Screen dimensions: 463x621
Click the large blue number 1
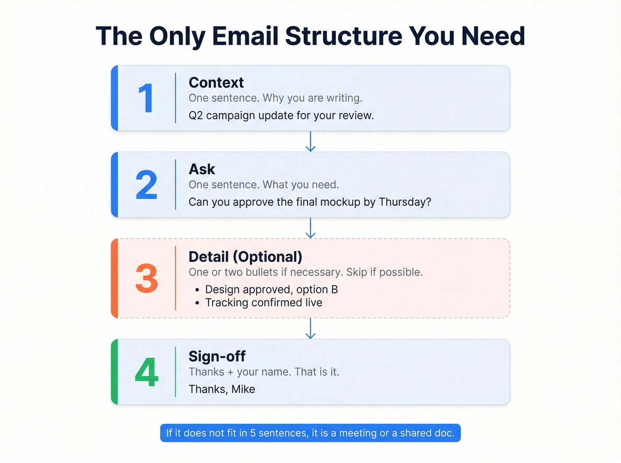pos(146,98)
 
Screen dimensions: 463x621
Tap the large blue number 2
pos(146,185)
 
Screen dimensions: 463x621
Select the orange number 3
pos(146,279)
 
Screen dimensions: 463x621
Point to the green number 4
pos(146,372)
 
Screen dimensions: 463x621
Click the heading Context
pos(216,82)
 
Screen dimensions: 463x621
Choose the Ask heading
pos(202,169)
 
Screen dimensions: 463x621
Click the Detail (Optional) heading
pos(245,257)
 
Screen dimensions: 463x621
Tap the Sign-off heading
pos(217,356)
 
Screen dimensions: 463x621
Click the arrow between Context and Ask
pos(310,141)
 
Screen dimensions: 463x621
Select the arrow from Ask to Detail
pos(310,228)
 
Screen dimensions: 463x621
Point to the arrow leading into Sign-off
pos(310,328)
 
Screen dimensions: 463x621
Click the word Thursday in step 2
pos(405,202)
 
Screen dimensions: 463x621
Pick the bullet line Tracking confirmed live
pos(263,303)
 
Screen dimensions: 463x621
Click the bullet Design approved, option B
pos(271,289)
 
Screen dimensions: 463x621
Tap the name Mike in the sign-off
pos(243,389)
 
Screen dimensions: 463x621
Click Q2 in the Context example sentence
pos(196,116)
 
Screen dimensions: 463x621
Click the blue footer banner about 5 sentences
pos(310,433)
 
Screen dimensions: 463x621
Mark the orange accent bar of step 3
pos(114,278)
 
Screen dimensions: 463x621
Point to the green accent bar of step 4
pos(114,372)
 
